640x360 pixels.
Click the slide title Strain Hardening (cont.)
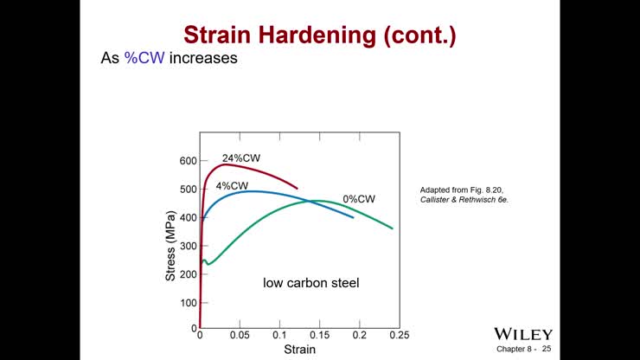[320, 35]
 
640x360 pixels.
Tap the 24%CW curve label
[241, 158]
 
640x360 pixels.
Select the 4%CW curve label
[232, 186]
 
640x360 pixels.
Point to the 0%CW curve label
[359, 199]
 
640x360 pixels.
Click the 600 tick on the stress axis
[188, 161]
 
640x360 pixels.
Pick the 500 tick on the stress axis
[188, 190]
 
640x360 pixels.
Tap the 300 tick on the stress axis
[188, 247]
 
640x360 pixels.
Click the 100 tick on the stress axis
[188, 303]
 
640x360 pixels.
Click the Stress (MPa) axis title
[171, 243]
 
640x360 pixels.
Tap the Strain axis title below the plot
[300, 350]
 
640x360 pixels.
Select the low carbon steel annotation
[310, 283]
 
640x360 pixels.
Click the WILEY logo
[522, 334]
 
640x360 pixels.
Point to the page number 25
[546, 349]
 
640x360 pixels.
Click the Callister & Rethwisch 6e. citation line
[464, 200]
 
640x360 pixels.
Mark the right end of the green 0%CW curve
[393, 228]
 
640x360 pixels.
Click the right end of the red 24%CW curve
[298, 188]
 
